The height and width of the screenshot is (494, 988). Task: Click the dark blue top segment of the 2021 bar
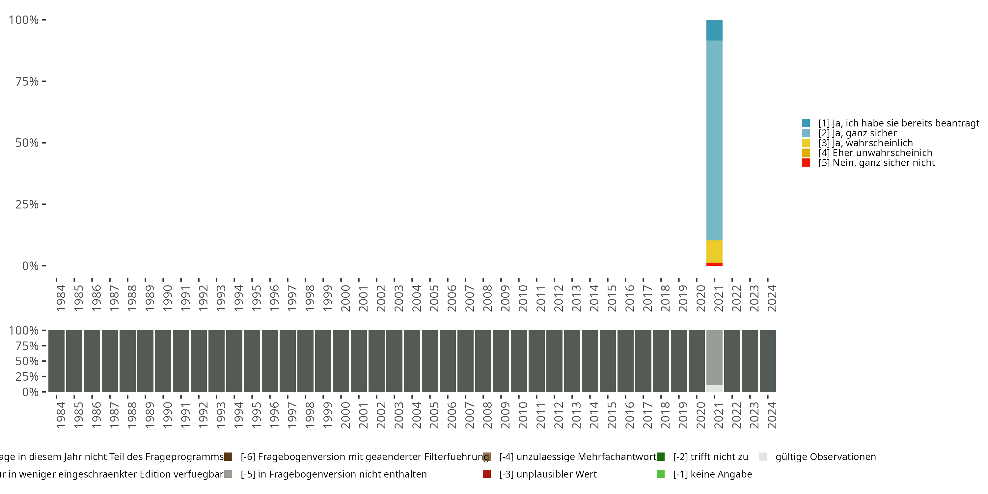point(714,30)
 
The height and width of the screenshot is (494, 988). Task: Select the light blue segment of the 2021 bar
point(714,140)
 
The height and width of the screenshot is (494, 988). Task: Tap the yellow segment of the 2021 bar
point(714,252)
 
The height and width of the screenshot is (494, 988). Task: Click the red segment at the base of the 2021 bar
point(714,264)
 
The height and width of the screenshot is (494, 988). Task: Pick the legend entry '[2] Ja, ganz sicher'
point(857,133)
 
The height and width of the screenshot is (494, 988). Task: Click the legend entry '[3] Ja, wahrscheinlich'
point(865,143)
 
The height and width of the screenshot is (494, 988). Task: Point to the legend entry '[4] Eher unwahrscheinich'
point(875,153)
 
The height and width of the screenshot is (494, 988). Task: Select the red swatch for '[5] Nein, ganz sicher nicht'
point(806,163)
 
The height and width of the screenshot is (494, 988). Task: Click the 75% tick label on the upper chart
point(27,81)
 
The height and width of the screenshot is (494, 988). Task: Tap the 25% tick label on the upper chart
point(27,204)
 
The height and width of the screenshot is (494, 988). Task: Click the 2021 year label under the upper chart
point(718,298)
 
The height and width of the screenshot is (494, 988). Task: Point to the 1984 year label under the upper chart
point(61,298)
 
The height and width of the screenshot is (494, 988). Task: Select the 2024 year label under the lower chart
point(772,415)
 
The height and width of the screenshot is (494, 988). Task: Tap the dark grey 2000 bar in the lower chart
point(341,361)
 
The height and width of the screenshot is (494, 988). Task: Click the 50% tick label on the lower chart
point(27,361)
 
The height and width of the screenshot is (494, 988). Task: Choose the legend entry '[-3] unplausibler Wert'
point(548,474)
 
